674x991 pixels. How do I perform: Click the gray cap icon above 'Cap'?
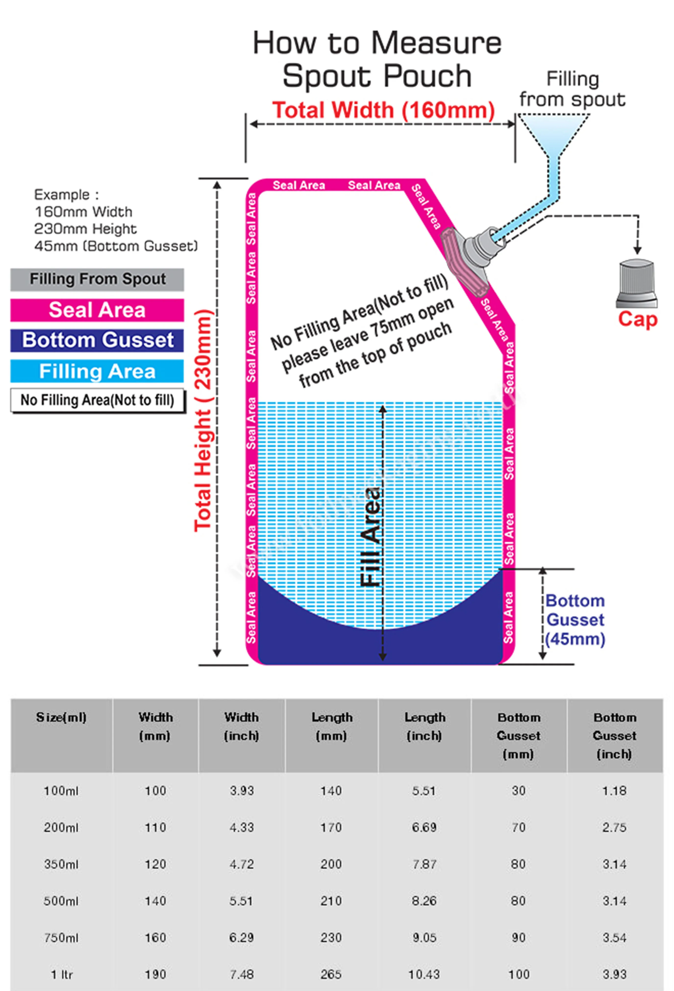point(636,283)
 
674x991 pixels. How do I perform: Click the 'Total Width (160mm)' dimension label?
point(383,110)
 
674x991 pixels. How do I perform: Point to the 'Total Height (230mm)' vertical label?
point(203,420)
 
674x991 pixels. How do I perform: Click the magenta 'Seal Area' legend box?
point(97,310)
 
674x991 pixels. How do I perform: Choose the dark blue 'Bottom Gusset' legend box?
point(97,340)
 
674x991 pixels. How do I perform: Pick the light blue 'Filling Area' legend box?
point(97,371)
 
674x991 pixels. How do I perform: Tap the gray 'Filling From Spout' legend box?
point(97,279)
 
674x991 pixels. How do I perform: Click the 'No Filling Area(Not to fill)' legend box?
point(97,400)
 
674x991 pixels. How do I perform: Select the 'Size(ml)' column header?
point(62,717)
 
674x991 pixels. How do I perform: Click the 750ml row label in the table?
point(62,937)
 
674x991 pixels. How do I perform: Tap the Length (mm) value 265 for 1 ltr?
point(331,974)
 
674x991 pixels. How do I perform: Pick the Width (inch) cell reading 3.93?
point(242,791)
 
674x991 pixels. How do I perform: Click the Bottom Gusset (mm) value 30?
point(518,791)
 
